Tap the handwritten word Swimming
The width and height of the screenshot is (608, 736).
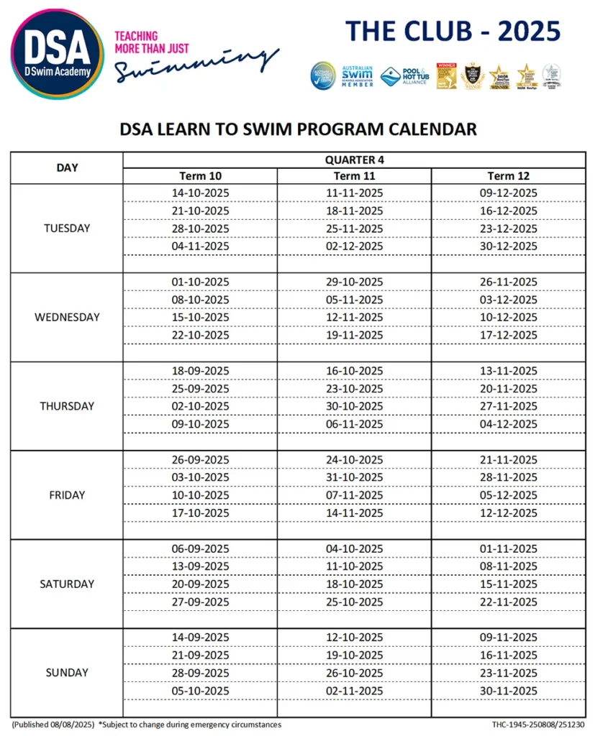point(196,65)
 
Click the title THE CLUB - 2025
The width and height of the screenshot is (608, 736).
point(453,32)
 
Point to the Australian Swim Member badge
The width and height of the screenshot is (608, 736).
point(357,75)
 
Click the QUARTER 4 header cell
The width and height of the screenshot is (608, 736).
point(354,160)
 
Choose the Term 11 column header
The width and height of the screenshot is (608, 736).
point(354,176)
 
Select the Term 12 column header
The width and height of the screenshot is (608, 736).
point(508,176)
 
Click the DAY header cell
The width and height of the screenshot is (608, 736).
point(67,167)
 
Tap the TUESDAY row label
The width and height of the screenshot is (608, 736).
point(67,229)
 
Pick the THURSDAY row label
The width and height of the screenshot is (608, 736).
point(67,406)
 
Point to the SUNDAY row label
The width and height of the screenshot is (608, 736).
point(67,673)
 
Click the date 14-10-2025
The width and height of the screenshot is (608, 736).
point(200,193)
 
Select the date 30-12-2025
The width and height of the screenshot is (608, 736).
point(508,247)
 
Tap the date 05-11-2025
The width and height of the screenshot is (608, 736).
point(354,300)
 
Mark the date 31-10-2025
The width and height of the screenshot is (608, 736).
point(354,477)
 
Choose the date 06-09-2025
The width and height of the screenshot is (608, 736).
point(200,548)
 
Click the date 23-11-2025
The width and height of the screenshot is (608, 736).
point(508,673)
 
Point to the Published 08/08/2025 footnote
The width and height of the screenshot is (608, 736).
point(53,724)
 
